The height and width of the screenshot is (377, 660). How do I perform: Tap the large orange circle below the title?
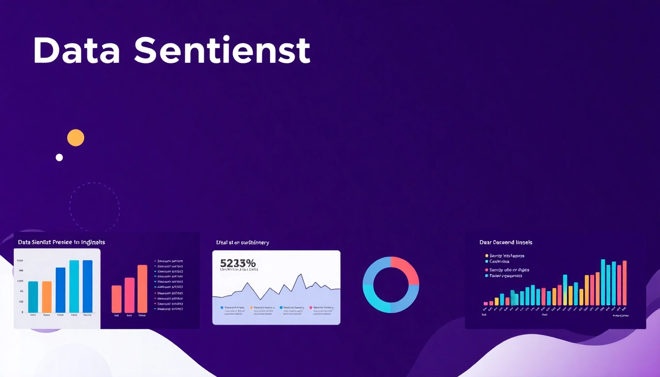[76, 138]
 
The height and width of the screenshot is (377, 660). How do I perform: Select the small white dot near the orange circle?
[59, 158]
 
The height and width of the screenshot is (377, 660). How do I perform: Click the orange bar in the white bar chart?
[47, 296]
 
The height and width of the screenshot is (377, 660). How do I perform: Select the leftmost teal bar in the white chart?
[33, 296]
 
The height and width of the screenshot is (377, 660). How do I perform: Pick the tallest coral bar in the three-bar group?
[142, 289]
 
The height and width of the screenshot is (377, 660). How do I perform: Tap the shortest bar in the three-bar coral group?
[116, 298]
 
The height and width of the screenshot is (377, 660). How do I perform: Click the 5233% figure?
[238, 263]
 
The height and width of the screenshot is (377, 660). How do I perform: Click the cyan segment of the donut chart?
[376, 299]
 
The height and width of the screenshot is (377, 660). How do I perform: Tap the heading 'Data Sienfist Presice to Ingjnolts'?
[61, 242]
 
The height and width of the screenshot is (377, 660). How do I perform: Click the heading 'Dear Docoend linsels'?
[506, 242]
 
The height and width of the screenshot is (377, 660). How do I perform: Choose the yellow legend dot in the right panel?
[487, 256]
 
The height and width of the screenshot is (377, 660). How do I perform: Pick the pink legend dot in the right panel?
[487, 270]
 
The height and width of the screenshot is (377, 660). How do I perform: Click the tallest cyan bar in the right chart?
[603, 282]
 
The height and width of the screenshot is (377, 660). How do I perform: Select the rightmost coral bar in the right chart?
[625, 283]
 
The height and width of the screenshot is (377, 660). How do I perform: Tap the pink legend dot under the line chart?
[311, 308]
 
